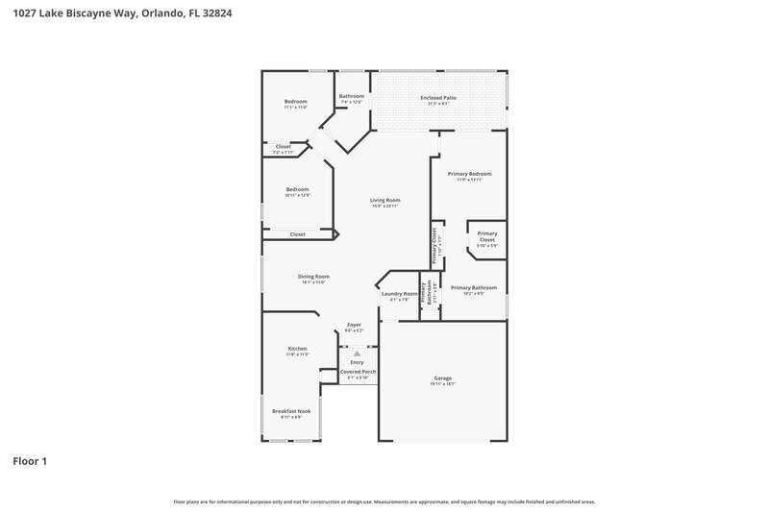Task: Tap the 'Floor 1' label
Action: point(30,461)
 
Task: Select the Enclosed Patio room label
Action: point(437,100)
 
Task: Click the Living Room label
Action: point(384,203)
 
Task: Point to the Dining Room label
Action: point(313,280)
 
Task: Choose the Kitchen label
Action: point(297,351)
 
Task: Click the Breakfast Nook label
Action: point(291,413)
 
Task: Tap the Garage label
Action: point(442,380)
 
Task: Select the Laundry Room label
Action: point(399,296)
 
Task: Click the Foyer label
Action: point(354,328)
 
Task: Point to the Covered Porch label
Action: point(357,374)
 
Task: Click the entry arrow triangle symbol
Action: point(357,354)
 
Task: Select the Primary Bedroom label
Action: point(469,176)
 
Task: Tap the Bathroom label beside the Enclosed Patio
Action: point(351,98)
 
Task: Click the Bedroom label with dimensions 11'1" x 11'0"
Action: point(295,104)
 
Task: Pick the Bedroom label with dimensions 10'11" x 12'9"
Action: point(297,192)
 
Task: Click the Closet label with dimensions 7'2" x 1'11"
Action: point(284,149)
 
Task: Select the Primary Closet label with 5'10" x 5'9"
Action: point(487,236)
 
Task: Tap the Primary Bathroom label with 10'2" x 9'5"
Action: point(474,289)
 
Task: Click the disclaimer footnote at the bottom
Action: point(384,501)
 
